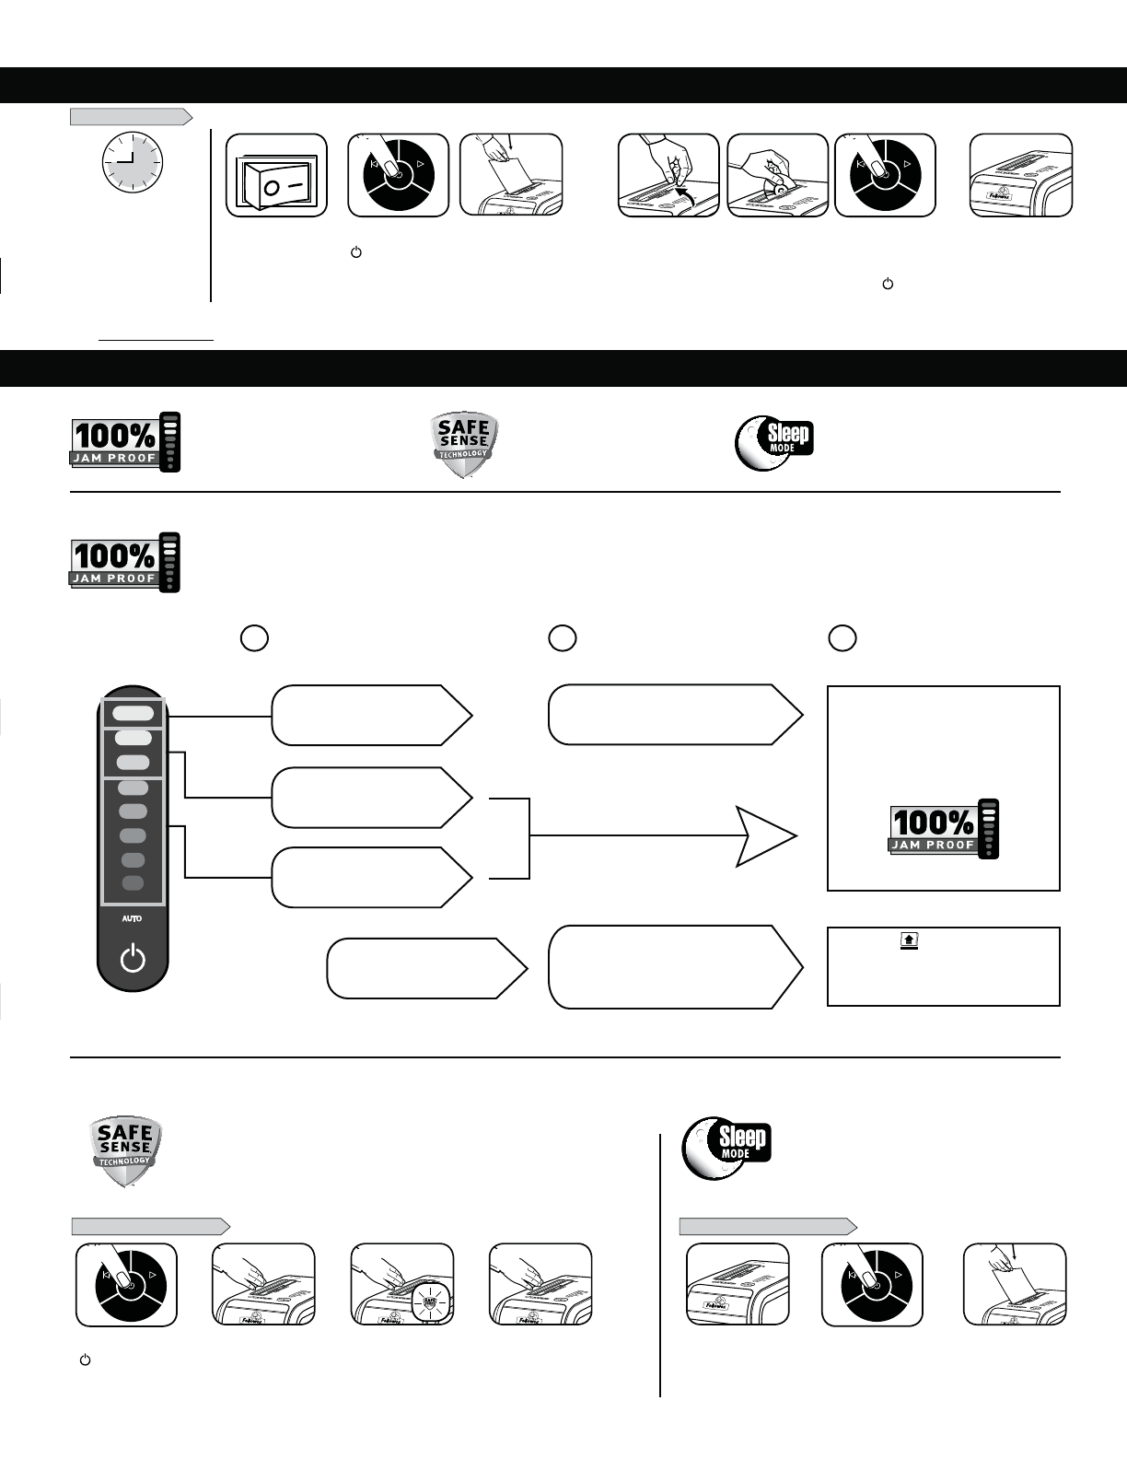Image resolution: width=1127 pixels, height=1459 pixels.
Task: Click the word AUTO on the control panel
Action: coord(133,919)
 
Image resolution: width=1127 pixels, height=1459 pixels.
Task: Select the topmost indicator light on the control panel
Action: coord(134,713)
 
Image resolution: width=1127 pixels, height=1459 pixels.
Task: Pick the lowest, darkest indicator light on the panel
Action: coord(133,883)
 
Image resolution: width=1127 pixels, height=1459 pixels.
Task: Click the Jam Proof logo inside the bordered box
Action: coord(944,829)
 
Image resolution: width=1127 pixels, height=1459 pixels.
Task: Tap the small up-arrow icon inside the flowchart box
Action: coord(909,940)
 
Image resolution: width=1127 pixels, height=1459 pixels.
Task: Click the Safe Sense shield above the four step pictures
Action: coord(125,1151)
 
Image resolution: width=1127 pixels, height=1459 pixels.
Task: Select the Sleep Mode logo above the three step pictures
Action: coord(726,1150)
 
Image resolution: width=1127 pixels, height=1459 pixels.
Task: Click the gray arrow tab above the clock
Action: coord(132,116)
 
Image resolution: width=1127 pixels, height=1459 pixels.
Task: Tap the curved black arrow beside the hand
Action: coord(682,192)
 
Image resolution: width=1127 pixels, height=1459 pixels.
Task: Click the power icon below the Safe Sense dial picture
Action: coord(85,1360)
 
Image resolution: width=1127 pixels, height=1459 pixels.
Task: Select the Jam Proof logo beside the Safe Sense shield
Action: coord(126,443)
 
